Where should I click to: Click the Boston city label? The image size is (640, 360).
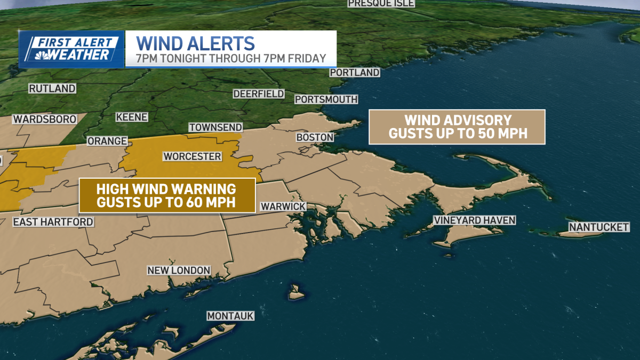(x=315, y=138)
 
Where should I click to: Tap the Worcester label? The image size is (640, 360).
(x=192, y=156)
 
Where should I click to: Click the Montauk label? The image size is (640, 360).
(x=230, y=316)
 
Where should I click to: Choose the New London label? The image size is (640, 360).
(x=179, y=270)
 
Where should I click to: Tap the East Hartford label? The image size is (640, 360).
(x=53, y=222)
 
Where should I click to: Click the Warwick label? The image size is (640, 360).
(x=283, y=206)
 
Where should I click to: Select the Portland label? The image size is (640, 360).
(x=355, y=73)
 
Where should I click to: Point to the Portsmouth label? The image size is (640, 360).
(x=326, y=99)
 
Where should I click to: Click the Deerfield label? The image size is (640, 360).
(x=259, y=94)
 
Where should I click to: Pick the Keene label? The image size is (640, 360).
(x=132, y=117)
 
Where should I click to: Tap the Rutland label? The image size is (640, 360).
(x=52, y=89)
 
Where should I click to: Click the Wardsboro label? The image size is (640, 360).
(x=45, y=119)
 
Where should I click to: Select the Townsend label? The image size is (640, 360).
(x=215, y=127)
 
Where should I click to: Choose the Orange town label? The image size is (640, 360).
(x=107, y=141)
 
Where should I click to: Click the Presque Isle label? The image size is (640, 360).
(x=381, y=3)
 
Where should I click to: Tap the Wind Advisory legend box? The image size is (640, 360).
(x=457, y=127)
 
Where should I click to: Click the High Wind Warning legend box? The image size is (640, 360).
(x=167, y=195)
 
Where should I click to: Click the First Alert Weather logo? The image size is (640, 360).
(x=71, y=49)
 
